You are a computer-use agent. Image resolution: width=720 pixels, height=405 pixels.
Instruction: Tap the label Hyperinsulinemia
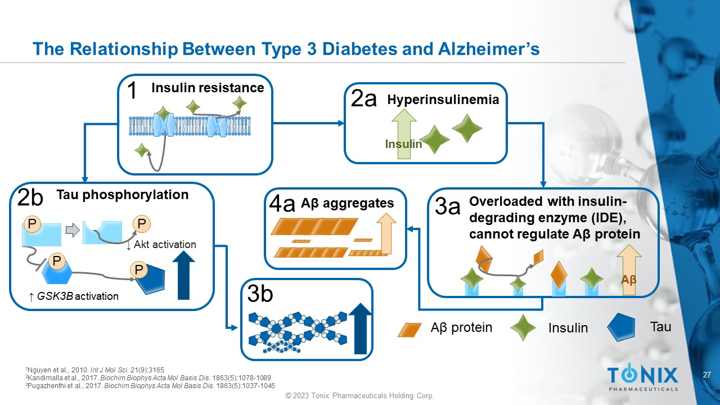pos(443,100)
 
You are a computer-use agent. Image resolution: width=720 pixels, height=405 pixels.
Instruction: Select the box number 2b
pos(30,199)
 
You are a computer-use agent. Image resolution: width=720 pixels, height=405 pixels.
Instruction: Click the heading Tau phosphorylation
pos(123,195)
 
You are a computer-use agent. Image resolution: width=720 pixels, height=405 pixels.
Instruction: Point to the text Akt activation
pos(165,244)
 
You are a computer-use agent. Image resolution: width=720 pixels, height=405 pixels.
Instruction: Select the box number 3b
pos(260,294)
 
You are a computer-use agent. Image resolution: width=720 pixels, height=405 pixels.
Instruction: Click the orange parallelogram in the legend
pos(409,329)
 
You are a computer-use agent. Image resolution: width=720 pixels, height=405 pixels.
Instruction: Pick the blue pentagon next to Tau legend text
pos(622,327)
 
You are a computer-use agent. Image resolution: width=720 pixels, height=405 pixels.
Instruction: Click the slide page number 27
pos(708,375)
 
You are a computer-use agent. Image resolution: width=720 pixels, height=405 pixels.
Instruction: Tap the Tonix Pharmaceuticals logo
pos(642,377)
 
